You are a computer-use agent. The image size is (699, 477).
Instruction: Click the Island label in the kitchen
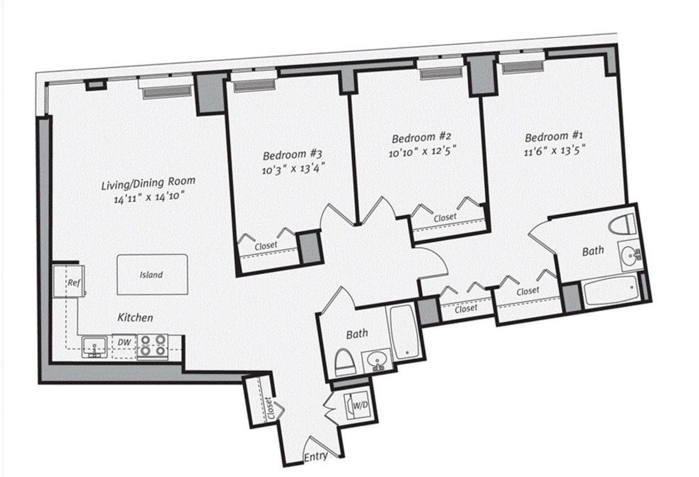(151, 275)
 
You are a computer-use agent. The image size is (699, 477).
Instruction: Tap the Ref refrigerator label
(74, 283)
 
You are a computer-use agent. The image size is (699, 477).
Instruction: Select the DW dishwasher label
(124, 342)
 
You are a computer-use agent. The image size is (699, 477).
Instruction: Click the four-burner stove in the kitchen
(153, 347)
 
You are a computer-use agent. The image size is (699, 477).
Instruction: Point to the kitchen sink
(94, 347)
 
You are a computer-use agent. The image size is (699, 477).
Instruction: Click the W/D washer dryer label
(361, 405)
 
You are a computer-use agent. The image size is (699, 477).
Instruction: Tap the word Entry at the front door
(316, 457)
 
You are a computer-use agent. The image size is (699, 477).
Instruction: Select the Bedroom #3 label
(292, 155)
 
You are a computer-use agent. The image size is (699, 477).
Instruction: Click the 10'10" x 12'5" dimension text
(422, 152)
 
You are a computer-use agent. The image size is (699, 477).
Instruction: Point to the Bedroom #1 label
(554, 137)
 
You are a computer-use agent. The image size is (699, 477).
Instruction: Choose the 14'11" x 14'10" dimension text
(147, 198)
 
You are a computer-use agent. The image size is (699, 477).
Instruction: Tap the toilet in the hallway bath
(345, 362)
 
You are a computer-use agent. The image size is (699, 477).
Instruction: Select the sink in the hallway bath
(377, 361)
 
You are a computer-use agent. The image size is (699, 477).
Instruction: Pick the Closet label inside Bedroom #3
(266, 246)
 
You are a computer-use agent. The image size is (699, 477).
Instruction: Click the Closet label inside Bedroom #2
(445, 217)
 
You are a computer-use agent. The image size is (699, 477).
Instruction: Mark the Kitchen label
(135, 317)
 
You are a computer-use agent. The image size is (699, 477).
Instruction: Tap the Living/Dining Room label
(149, 183)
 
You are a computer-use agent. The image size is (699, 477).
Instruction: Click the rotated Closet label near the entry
(270, 408)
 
